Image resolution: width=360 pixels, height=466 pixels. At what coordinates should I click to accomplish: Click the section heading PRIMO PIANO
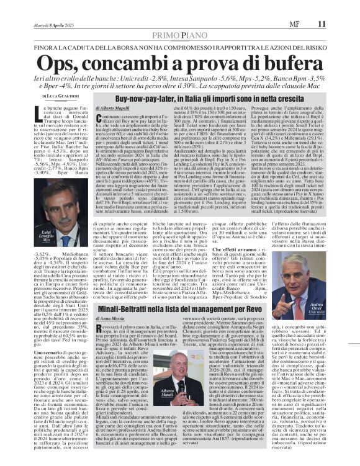pyautogui.click(x=179, y=19)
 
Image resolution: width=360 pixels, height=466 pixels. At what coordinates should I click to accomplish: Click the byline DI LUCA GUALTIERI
pyautogui.click(x=61, y=97)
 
